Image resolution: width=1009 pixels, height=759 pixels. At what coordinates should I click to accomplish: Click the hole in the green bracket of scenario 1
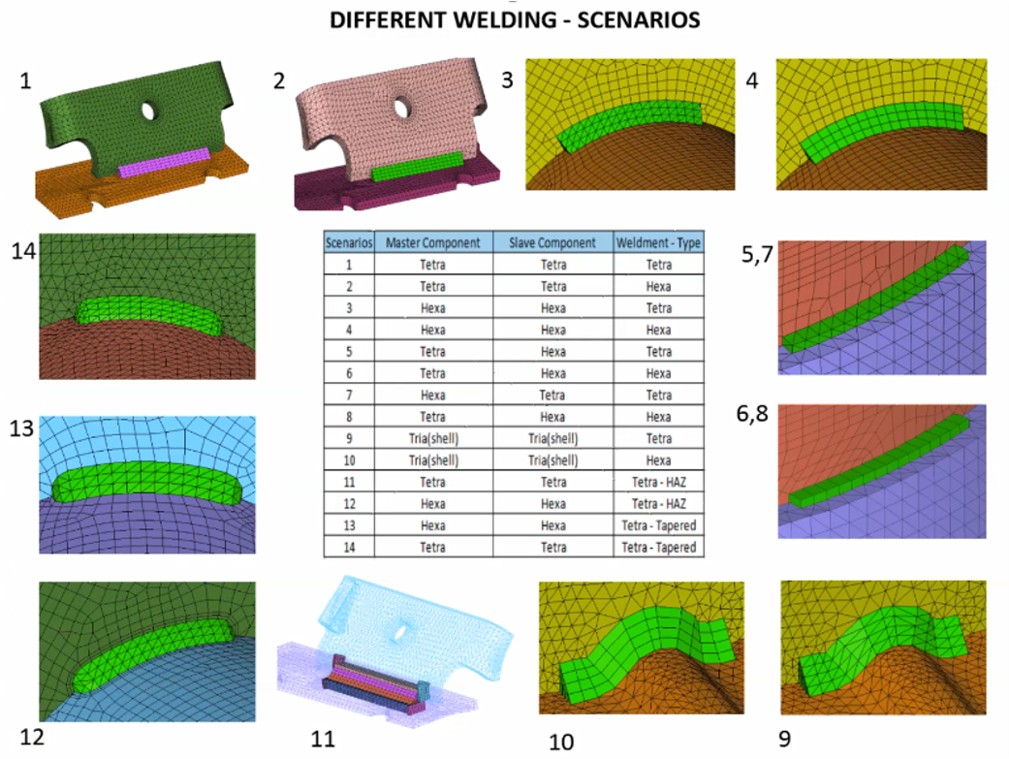[x=149, y=111]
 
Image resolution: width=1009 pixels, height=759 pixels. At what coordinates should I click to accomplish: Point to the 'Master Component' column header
[x=432, y=242]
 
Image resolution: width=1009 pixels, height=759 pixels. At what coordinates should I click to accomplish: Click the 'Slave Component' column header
[x=553, y=242]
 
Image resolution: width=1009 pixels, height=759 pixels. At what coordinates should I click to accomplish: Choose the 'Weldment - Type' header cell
[x=659, y=242]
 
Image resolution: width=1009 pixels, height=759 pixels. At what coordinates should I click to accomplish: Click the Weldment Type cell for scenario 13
[x=659, y=525]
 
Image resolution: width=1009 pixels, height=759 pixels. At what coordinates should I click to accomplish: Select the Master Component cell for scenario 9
[x=432, y=439]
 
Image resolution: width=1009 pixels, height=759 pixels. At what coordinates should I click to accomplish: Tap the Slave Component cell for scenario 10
[x=553, y=460]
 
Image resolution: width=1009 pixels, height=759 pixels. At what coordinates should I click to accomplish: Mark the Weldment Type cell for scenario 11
[x=659, y=482]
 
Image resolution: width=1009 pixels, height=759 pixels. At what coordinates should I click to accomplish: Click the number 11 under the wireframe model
[x=323, y=741]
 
